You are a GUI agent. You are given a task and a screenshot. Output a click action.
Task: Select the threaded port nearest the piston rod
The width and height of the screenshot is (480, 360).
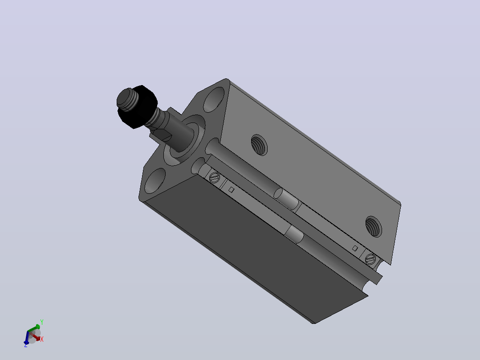pos(259,145)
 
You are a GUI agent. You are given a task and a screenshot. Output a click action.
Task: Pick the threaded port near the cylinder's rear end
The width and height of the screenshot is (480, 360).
pos(374,226)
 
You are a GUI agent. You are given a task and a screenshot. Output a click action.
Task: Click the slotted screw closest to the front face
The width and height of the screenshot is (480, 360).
pos(214,177)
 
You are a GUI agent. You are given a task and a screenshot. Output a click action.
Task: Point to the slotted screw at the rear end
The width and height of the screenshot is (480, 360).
pos(370,259)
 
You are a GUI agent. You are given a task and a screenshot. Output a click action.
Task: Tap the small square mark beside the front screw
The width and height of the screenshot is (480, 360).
pos(232,190)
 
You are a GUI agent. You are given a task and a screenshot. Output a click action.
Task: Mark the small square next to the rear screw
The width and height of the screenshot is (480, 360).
pos(355,248)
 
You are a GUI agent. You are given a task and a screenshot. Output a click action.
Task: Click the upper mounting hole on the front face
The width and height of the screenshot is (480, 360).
pos(214,99)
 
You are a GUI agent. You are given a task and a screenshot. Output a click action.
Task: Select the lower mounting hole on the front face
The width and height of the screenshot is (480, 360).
pos(155,181)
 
